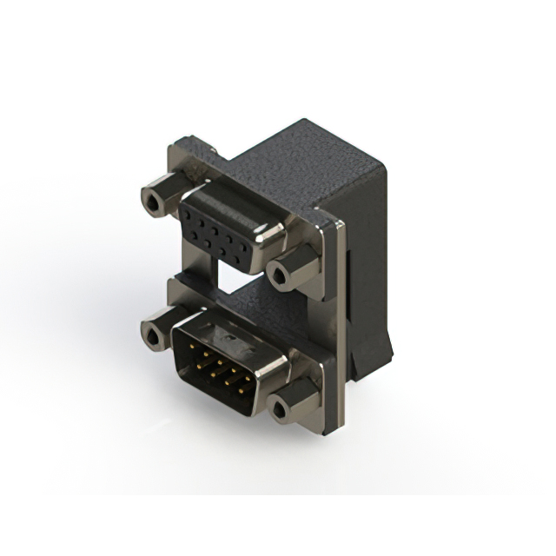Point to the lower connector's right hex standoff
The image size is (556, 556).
[283, 407]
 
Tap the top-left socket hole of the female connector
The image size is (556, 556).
[193, 211]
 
